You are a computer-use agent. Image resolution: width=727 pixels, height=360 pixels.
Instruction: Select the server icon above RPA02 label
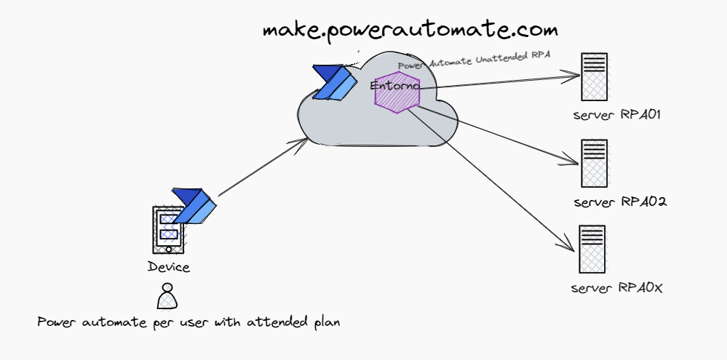coord(595,163)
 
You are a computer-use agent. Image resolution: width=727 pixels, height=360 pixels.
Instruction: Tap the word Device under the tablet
coord(168,267)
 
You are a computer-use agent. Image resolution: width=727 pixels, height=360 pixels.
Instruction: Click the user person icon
coord(167,295)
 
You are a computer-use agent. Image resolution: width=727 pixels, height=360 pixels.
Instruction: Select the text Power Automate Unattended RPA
coord(473,61)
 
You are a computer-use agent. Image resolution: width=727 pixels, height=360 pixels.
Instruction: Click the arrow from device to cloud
coord(262,168)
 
